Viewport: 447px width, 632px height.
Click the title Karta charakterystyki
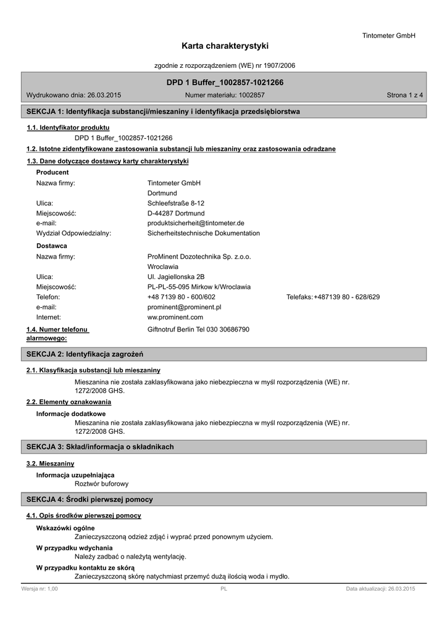[x=225, y=46]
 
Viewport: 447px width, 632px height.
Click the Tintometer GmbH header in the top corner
[x=388, y=35]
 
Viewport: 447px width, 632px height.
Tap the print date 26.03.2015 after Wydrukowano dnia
[x=104, y=95]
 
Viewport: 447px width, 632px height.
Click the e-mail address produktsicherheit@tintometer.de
[x=196, y=223]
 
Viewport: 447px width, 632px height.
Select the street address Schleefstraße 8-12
[x=176, y=203]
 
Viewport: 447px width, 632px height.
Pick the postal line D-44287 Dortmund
[x=176, y=213]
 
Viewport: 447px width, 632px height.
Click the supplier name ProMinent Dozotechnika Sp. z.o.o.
[x=199, y=256]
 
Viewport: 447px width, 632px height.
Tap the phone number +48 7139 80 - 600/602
[x=182, y=297]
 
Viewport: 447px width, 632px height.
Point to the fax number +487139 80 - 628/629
[x=346, y=297]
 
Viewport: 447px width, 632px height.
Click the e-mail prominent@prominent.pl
[x=184, y=307]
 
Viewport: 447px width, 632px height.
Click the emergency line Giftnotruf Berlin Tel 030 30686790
[x=198, y=330]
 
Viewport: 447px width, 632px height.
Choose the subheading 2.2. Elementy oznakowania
[x=69, y=402]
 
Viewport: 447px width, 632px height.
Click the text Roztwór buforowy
[x=101, y=484]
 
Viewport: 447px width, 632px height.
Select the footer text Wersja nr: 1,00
[x=40, y=589]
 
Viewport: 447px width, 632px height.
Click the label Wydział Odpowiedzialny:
[x=73, y=233]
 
